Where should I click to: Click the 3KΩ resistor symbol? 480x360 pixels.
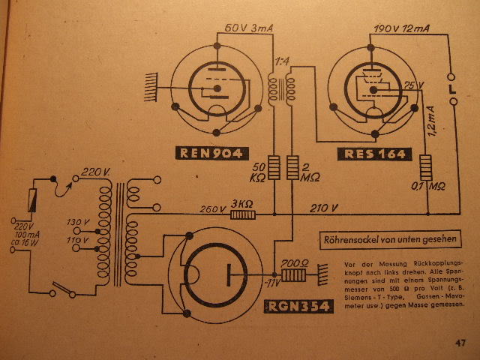242,214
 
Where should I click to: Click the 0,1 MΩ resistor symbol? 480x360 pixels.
427,166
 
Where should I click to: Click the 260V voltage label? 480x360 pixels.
212,209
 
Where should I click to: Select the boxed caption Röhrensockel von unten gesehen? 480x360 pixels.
389,241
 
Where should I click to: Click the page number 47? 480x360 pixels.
460,343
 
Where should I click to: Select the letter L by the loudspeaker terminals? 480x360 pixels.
451,90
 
